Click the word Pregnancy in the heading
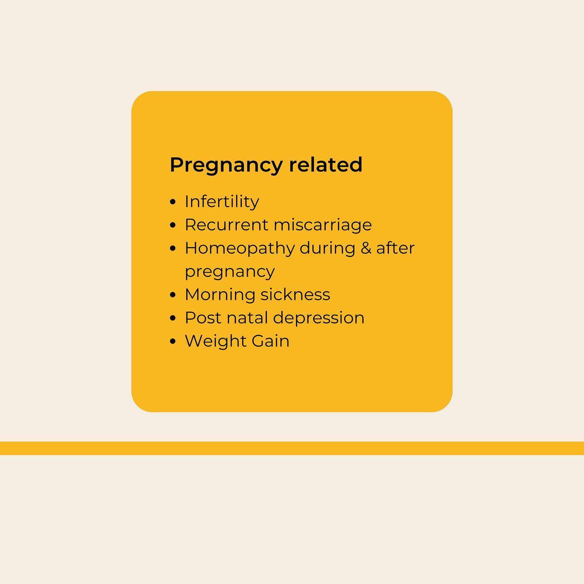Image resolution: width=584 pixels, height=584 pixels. coord(226,165)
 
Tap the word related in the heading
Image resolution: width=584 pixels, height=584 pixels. coord(326,165)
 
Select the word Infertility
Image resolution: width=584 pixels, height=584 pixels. coord(222,202)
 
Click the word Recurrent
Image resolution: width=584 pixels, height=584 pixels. coord(226,225)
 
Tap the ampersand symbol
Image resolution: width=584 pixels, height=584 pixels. coord(366,248)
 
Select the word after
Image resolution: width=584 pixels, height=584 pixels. coord(395,248)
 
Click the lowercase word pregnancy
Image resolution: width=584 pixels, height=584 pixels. coord(230,272)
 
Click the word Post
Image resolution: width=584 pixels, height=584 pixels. coord(203,318)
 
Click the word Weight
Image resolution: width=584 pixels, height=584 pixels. coord(215,341)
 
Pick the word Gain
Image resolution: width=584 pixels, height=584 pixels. coord(271,341)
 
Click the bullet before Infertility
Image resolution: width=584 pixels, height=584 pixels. coord(173,202)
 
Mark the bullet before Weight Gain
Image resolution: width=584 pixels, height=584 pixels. coord(173,341)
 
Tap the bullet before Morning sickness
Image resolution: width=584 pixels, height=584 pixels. coord(173,295)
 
